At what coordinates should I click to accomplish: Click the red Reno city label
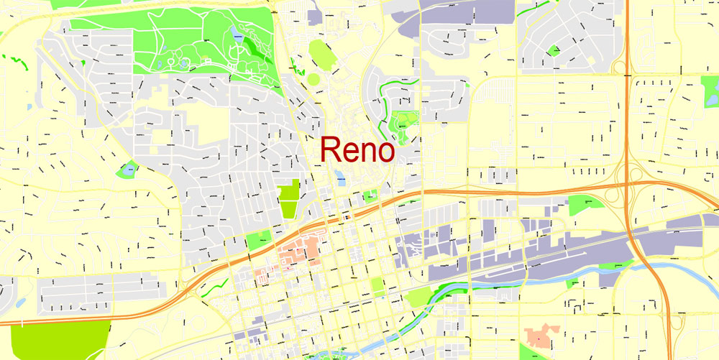[x=357, y=150]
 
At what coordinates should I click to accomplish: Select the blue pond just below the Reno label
[x=339, y=175]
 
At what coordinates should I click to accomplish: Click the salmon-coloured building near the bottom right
[x=541, y=333]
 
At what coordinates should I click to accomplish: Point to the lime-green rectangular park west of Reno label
[x=288, y=199]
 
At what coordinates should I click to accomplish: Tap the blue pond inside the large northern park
[x=237, y=34]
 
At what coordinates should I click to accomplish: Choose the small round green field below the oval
[x=313, y=78]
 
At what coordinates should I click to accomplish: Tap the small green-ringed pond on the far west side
[x=129, y=170]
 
